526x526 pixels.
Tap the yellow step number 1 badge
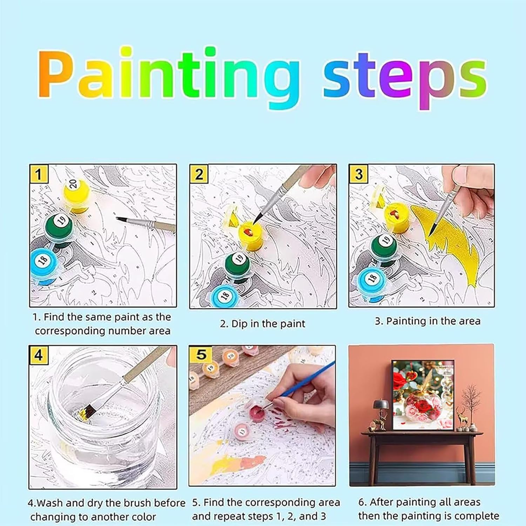(38, 174)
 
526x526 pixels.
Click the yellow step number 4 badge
(38, 356)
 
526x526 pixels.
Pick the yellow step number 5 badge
(200, 355)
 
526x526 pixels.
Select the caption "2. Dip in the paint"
(263, 324)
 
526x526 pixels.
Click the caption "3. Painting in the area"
(427, 321)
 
